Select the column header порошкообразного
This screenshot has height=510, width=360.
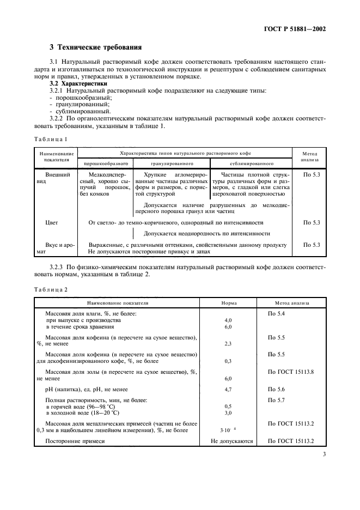click(x=106, y=163)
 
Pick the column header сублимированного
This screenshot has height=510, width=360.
click(x=251, y=163)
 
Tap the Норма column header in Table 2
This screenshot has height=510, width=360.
click(x=228, y=302)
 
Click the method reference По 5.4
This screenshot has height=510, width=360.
click(x=276, y=314)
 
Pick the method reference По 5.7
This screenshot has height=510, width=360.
click(x=276, y=400)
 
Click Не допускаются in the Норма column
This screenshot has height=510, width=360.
click(x=228, y=441)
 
